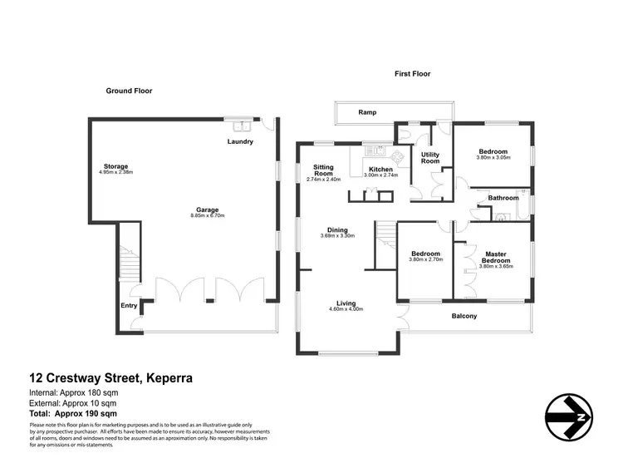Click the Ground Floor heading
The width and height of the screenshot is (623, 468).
129,91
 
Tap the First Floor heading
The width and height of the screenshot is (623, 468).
412,74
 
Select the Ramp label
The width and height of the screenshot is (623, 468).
367,111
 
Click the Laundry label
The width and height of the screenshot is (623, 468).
240,141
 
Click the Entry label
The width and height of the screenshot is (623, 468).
130,306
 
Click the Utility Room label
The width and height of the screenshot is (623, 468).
430,158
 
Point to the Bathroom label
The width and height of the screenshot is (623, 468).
503,198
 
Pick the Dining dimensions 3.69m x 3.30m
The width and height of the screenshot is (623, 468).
337,236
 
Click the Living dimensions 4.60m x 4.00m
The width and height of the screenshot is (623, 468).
346,309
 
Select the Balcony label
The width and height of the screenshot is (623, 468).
464,316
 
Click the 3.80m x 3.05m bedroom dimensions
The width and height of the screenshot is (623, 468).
493,157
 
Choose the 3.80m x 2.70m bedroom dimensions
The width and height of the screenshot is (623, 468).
425,260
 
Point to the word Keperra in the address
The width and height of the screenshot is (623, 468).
169,377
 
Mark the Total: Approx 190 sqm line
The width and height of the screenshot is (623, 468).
62,413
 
